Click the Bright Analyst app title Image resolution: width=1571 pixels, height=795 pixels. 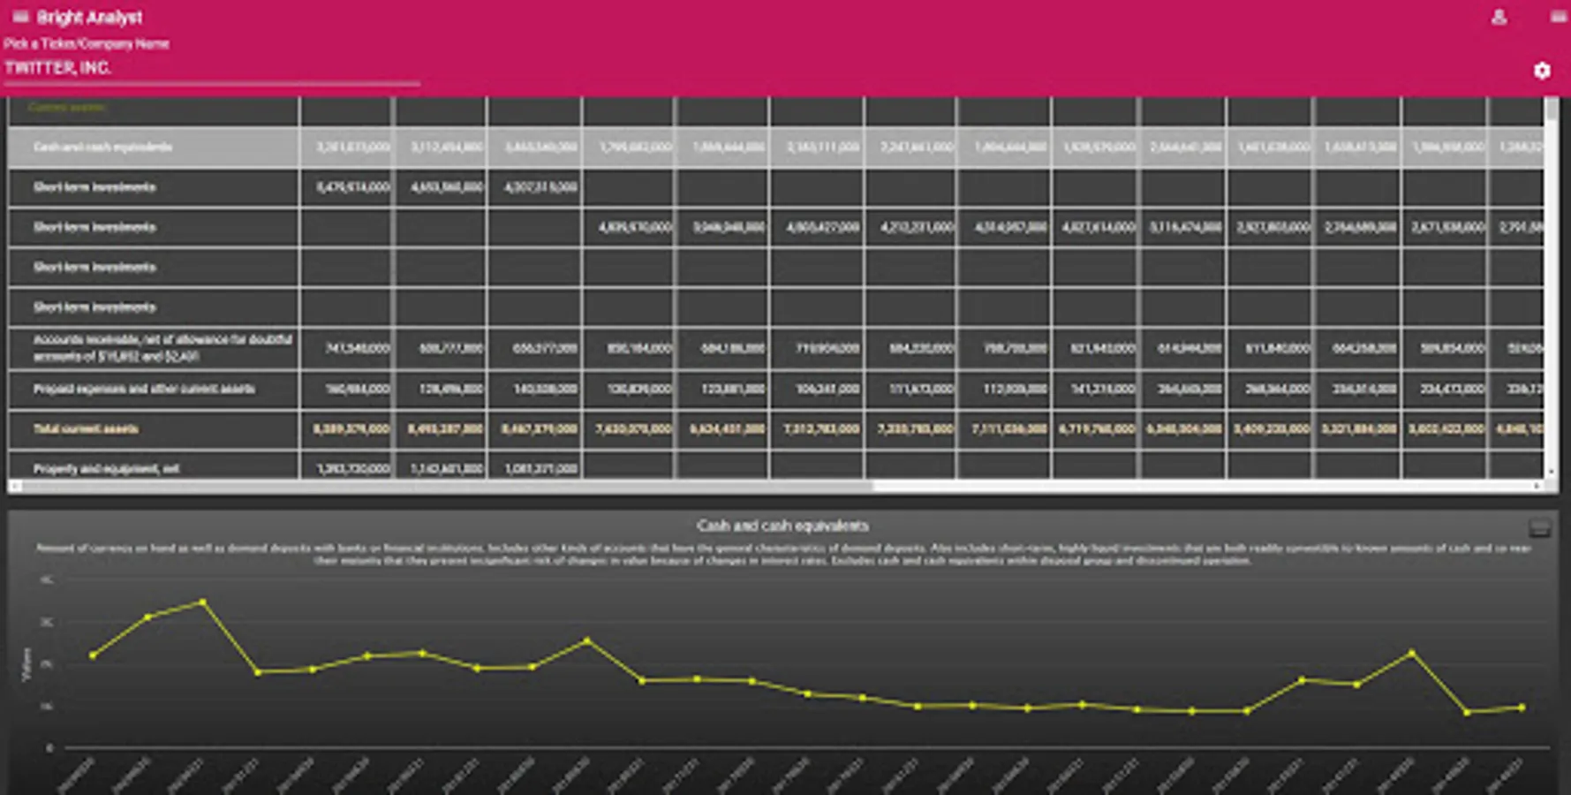tap(89, 18)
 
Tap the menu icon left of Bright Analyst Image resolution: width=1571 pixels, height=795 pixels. tap(20, 17)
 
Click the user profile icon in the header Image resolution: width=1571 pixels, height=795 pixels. tap(1499, 17)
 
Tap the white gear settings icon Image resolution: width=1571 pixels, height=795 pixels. tap(1542, 71)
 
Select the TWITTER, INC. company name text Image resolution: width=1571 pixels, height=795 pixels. tap(58, 68)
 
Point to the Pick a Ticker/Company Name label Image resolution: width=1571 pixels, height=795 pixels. tap(87, 43)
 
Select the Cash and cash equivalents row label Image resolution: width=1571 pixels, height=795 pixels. tap(102, 147)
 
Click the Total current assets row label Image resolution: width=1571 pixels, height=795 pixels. tap(86, 429)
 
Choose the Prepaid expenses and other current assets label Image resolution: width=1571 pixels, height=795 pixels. tap(144, 389)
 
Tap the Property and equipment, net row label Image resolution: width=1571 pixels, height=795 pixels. tap(106, 468)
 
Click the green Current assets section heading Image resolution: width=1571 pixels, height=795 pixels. tap(67, 107)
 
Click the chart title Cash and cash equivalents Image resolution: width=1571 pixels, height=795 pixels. tap(782, 526)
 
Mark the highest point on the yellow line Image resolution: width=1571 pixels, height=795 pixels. tap(203, 602)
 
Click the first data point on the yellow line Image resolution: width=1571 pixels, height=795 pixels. tap(93, 655)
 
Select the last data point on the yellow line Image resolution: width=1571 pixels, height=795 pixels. tap(1522, 707)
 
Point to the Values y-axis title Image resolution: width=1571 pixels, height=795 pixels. tap(26, 664)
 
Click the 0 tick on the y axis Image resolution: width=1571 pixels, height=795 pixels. tap(49, 748)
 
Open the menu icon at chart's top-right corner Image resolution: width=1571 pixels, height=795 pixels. tap(1539, 528)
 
